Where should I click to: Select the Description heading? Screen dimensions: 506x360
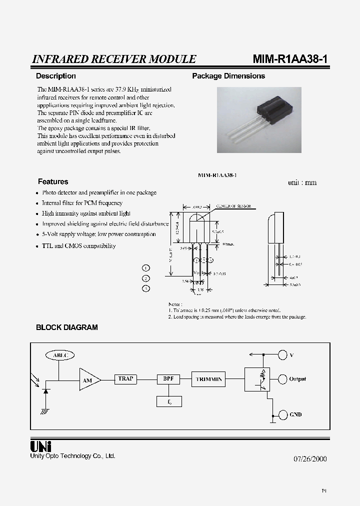pos(56,76)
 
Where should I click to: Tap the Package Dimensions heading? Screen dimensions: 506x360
pos(228,76)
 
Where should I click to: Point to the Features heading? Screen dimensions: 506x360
pos(53,181)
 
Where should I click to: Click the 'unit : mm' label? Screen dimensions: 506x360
pos(302,182)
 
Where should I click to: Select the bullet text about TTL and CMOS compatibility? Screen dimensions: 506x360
pos(78,246)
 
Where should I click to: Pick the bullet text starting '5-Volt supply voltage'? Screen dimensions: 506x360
pos(98,234)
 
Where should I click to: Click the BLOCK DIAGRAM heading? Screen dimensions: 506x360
pos(67,327)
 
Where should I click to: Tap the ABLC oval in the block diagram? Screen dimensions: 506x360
pos(59,355)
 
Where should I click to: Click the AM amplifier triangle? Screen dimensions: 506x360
pos(88,380)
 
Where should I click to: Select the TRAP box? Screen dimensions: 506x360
pos(125,379)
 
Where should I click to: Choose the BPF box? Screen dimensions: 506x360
pos(168,379)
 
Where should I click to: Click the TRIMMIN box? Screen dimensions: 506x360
pos(209,379)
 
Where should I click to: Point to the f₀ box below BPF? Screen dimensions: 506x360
pos(168,401)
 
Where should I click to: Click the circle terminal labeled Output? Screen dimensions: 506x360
pos(282,379)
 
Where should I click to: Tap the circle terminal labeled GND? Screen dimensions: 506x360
pos(282,414)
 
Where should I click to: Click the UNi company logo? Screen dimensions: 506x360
pos(41,446)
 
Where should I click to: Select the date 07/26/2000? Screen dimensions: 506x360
pos(306,459)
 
